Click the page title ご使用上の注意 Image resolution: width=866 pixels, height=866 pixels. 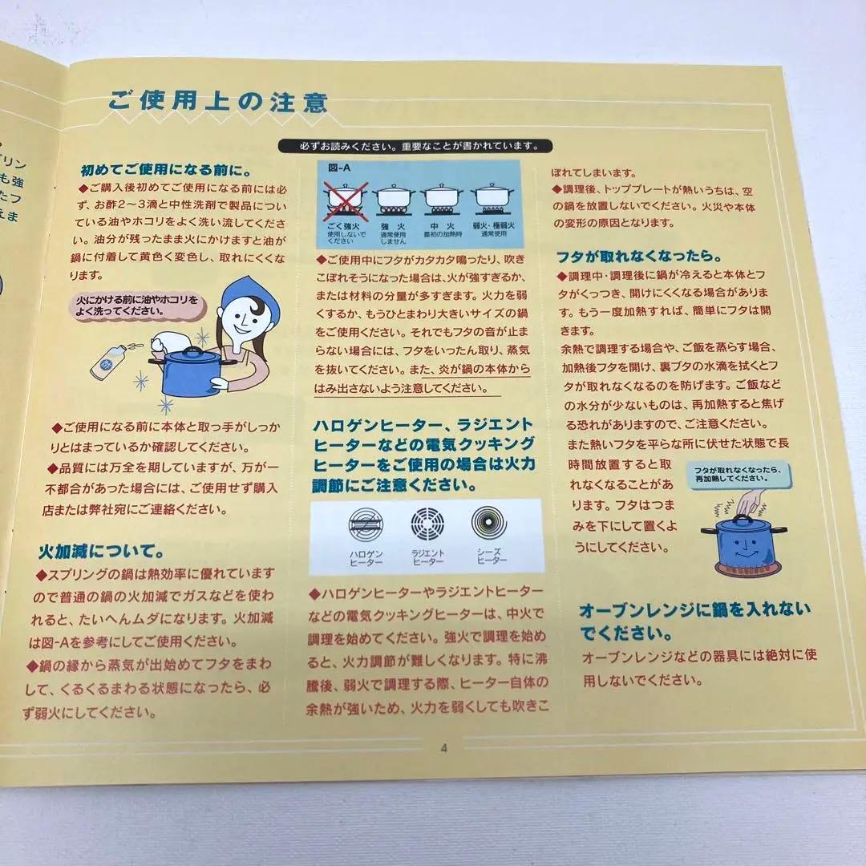[x=218, y=103]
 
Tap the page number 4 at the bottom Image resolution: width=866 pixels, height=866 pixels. [x=443, y=749]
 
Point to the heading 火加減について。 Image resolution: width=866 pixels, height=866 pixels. [x=103, y=552]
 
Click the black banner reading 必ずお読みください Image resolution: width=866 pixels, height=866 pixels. [x=414, y=146]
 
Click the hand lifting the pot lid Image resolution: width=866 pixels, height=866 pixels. [x=748, y=502]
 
